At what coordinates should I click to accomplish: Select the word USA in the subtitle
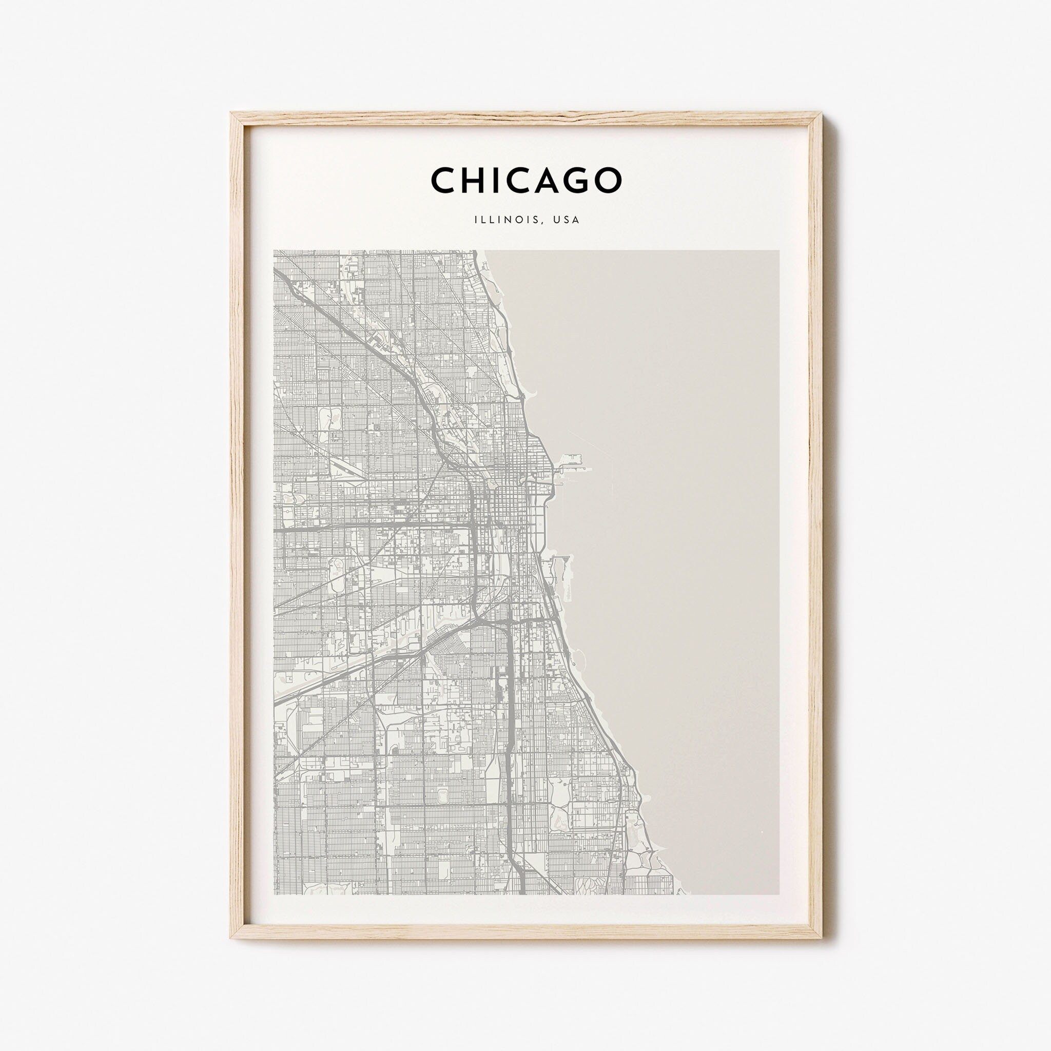(x=565, y=220)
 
